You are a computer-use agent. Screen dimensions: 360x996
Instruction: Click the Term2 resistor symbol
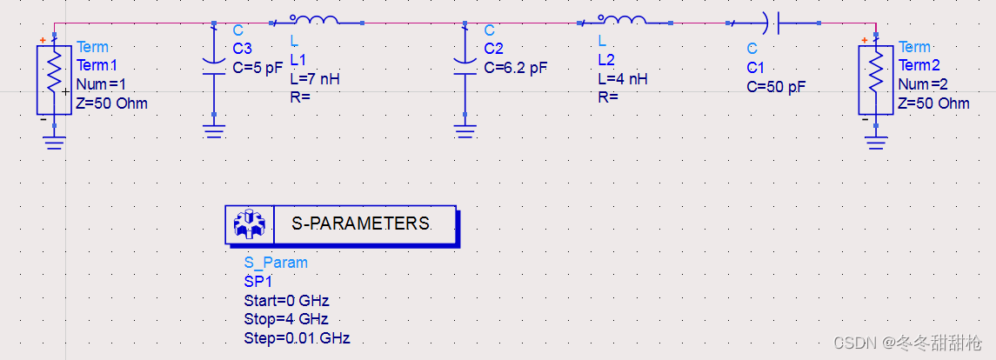pyautogui.click(x=876, y=80)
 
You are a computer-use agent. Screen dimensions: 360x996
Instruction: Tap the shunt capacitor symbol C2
pyautogui.click(x=465, y=66)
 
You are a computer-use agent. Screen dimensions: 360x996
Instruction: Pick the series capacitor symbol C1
pyautogui.click(x=771, y=23)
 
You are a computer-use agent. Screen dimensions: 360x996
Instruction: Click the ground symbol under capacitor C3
pyautogui.click(x=213, y=130)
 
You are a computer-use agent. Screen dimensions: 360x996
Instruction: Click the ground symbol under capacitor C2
pyautogui.click(x=465, y=130)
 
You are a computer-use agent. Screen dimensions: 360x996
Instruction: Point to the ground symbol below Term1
pyautogui.click(x=54, y=141)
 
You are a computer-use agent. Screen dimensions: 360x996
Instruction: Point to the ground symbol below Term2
pyautogui.click(x=876, y=141)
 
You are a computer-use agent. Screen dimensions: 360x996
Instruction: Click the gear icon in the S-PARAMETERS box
pyautogui.click(x=250, y=224)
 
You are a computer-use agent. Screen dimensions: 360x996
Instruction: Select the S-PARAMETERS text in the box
pyautogui.click(x=360, y=223)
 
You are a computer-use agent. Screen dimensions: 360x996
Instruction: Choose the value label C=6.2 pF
pyautogui.click(x=516, y=66)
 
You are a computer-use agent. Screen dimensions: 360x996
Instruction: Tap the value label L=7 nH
pyautogui.click(x=315, y=78)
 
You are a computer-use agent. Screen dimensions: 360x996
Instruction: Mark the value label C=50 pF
pyautogui.click(x=777, y=86)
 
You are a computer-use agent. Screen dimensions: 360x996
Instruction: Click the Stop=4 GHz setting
pyautogui.click(x=286, y=319)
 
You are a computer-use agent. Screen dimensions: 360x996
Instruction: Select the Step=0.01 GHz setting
pyautogui.click(x=297, y=338)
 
